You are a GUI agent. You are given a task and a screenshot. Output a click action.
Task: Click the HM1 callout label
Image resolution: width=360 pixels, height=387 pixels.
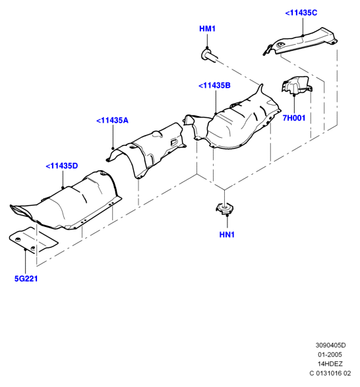(x=207, y=28)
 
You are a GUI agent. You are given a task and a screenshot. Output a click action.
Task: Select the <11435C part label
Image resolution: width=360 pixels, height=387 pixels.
(x=301, y=13)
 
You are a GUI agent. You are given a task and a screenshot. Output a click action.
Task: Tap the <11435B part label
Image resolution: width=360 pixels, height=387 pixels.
(x=214, y=86)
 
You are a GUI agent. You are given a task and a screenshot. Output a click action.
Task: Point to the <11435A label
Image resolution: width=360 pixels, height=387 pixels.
(x=112, y=121)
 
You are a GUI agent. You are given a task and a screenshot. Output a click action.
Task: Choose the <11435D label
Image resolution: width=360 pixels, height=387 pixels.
(x=62, y=166)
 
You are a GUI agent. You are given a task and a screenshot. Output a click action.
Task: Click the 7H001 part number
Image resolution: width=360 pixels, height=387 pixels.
(x=294, y=118)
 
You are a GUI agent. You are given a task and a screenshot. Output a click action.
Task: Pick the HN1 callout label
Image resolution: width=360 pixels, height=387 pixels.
(x=227, y=235)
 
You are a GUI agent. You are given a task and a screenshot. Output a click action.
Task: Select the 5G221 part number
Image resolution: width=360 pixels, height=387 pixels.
(x=26, y=279)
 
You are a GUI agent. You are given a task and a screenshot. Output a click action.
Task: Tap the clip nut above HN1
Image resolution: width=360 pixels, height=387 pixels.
(x=224, y=208)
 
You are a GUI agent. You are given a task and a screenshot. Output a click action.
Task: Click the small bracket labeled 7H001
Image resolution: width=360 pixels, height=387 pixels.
(x=297, y=85)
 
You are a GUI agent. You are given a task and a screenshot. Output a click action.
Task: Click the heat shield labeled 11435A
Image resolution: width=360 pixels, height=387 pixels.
(x=148, y=149)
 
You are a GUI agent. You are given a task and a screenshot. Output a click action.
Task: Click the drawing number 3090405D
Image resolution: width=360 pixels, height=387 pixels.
(x=330, y=345)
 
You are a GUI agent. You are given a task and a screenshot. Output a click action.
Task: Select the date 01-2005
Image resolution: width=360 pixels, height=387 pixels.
(x=330, y=355)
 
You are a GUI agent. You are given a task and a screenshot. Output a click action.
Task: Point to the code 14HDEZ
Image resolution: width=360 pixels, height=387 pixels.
(x=330, y=364)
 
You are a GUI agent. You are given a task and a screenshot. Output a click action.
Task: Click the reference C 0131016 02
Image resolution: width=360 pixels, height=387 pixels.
(x=330, y=373)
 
